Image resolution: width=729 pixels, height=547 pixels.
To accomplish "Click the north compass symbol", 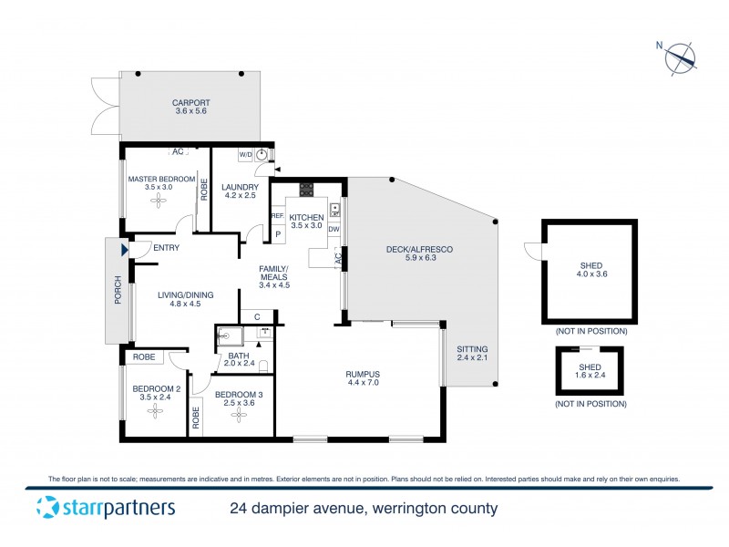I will click(680, 59).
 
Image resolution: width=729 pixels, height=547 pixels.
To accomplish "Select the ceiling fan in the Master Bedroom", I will click(159, 201).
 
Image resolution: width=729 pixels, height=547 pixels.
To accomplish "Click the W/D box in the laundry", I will click(245, 155).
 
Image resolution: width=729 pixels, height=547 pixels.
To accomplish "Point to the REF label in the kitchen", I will click(277, 216).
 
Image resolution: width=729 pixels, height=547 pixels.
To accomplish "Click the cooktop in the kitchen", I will click(307, 191).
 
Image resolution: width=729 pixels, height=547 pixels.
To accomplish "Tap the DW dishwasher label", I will click(334, 229).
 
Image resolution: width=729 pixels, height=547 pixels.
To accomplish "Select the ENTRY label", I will click(167, 248).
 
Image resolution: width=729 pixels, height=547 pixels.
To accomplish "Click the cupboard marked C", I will click(259, 316).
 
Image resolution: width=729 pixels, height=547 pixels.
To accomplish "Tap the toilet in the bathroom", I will click(263, 366).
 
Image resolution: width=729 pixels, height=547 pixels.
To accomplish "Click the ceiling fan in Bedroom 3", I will click(239, 416).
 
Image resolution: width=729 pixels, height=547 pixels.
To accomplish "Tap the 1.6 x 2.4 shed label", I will click(590, 375).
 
